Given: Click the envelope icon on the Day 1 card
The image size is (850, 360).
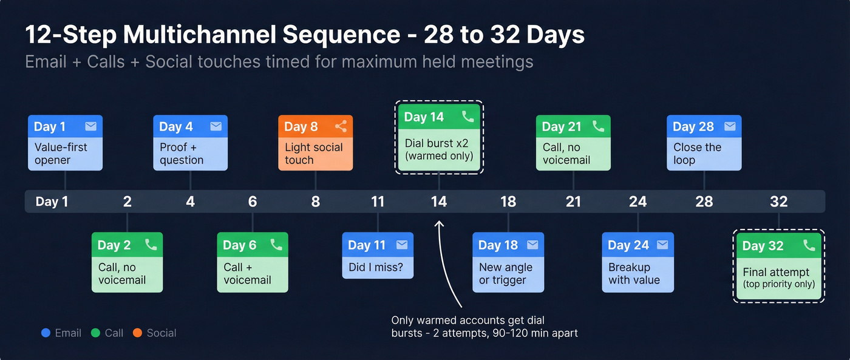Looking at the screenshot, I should (90, 126).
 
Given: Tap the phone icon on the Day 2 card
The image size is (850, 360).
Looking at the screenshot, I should (151, 245).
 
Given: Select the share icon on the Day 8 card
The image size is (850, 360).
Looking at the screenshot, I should (341, 126).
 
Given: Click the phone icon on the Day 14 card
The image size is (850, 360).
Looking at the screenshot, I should (467, 117).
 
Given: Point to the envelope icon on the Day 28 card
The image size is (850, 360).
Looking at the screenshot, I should (730, 126).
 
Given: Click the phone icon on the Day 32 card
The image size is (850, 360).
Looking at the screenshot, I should (809, 245).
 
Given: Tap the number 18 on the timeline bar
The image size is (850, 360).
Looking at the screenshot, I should (508, 202).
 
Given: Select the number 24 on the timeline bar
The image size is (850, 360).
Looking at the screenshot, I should (637, 202).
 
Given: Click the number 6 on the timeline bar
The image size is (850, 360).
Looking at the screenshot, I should (253, 202).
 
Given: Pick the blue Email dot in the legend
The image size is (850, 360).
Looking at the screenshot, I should (46, 333).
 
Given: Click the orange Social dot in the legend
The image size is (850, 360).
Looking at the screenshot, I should (137, 333).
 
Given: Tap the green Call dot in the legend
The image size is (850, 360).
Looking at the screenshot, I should (95, 333).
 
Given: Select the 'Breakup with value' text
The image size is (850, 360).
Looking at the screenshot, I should (634, 274).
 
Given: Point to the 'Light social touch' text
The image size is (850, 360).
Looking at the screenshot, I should (314, 154).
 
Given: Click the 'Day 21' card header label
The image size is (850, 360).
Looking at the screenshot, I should (562, 126).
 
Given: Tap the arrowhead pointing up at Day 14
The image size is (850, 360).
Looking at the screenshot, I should (440, 225).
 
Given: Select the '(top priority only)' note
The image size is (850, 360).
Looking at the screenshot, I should (778, 284).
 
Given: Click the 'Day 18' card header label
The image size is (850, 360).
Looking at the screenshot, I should (498, 245).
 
